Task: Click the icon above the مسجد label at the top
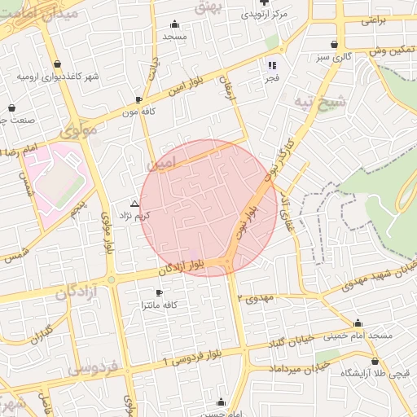174,24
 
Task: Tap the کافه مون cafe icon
138,101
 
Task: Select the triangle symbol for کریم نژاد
135,203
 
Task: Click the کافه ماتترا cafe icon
159,292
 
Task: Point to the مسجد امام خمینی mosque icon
358,323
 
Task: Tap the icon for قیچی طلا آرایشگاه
375,362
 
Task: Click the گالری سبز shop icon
334,45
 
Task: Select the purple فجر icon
272,65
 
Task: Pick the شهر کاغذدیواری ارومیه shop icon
57,64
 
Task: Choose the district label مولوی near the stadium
78,129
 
